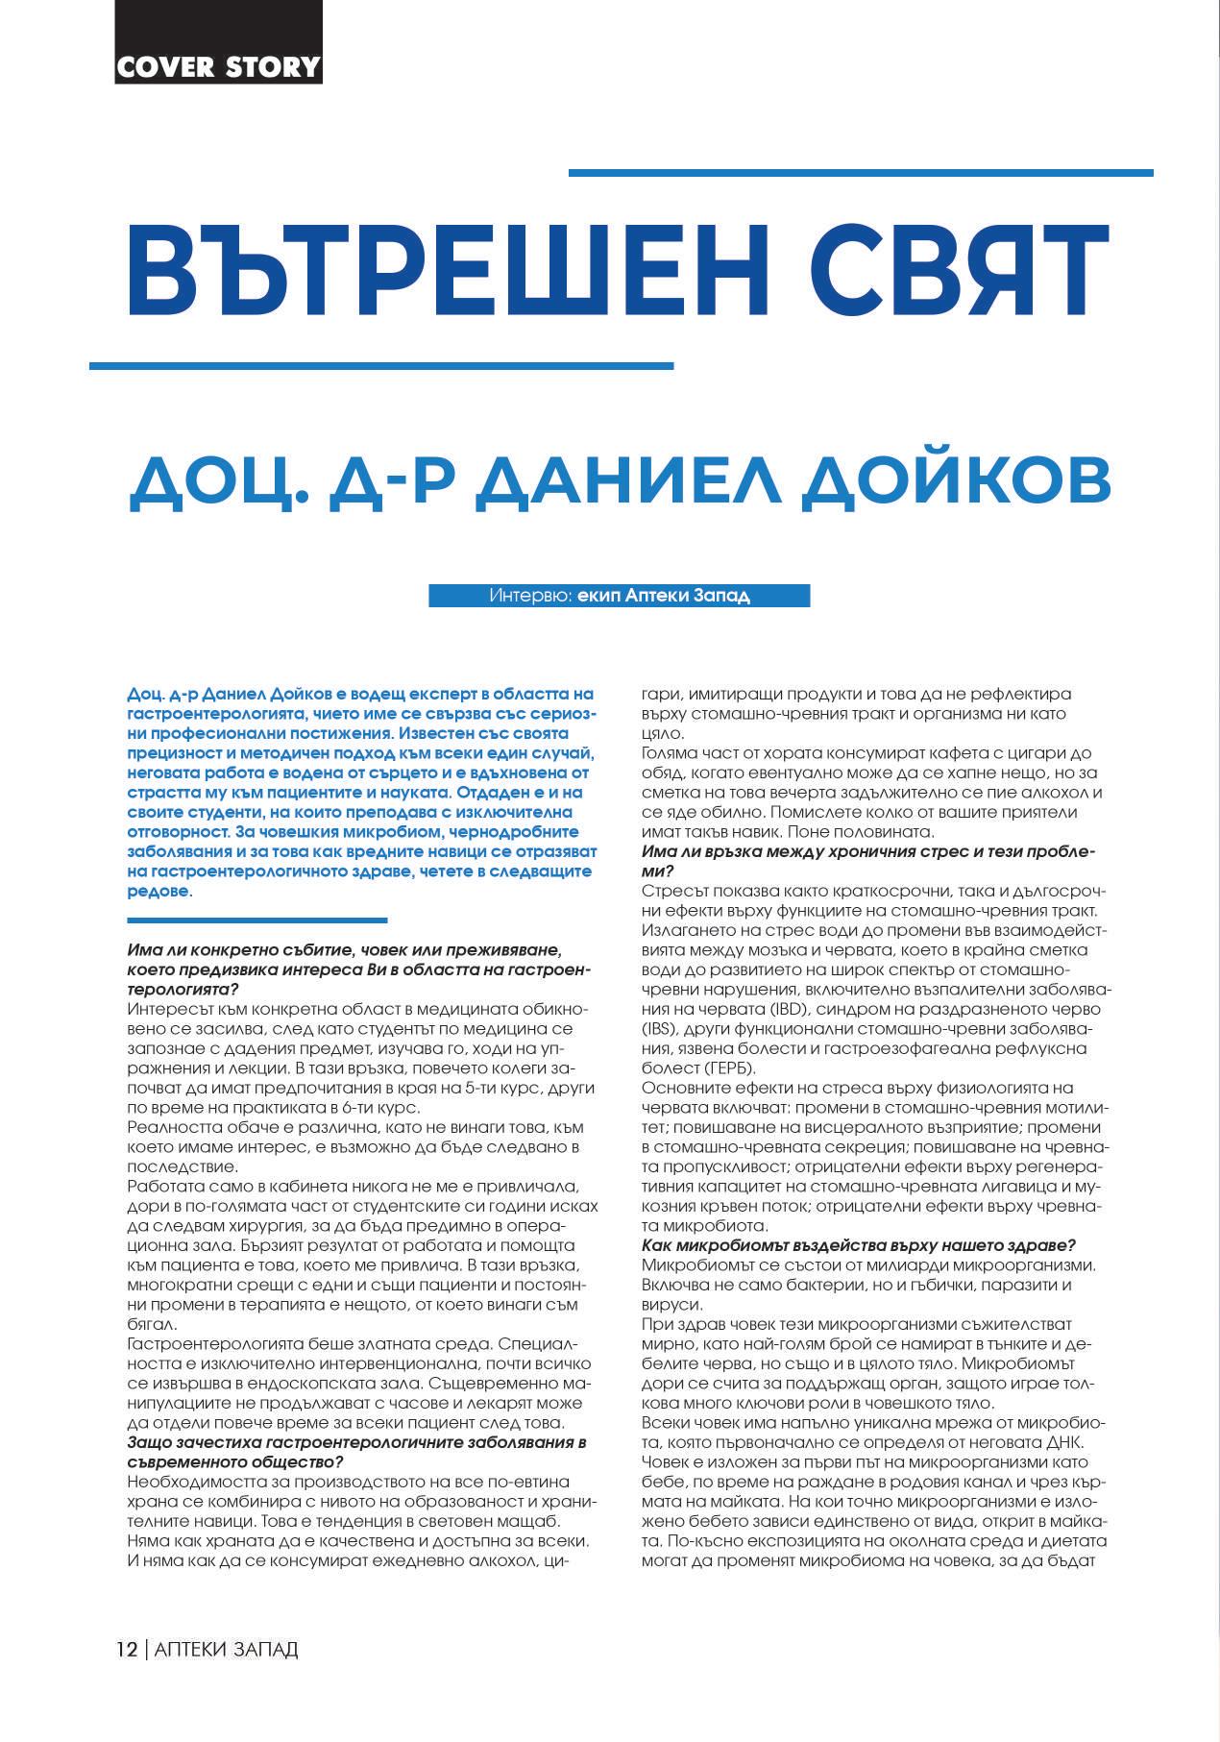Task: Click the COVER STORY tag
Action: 218,66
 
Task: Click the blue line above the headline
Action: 861,173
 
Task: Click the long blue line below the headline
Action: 381,366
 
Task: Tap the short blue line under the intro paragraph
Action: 256,920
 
